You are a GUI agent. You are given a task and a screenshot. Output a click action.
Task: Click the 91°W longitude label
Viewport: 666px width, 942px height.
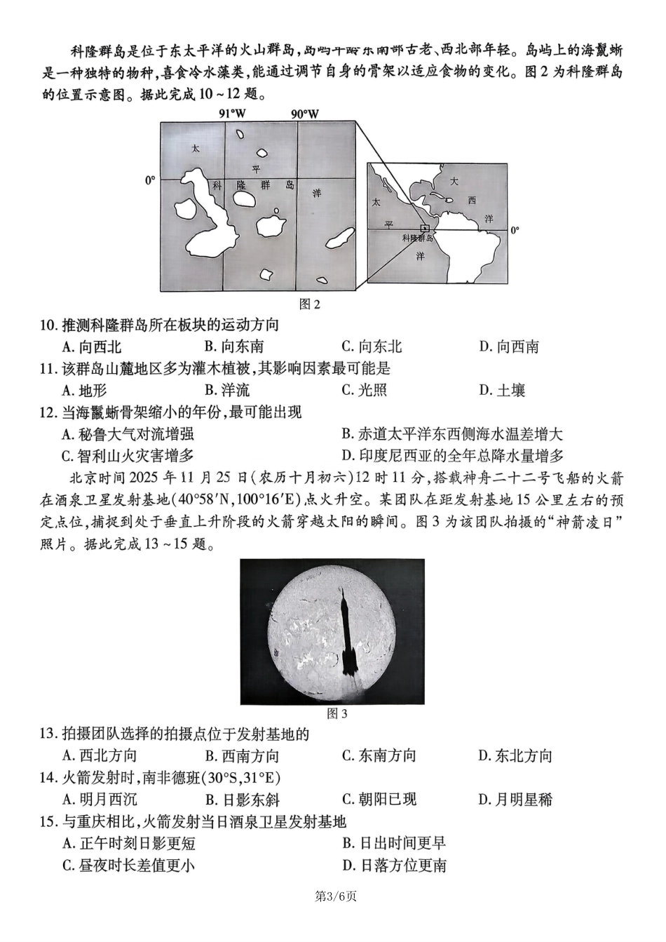pos(233,114)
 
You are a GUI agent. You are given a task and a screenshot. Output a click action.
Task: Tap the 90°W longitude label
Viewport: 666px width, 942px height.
pos(305,114)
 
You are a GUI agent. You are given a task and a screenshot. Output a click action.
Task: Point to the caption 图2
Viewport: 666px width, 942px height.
pos(309,304)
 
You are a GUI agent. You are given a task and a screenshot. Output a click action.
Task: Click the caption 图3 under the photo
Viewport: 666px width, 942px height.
pos(337,713)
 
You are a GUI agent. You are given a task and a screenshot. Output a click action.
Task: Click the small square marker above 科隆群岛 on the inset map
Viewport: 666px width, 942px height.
pos(423,228)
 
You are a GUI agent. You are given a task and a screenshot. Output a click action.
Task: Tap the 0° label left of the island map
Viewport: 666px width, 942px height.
pos(150,180)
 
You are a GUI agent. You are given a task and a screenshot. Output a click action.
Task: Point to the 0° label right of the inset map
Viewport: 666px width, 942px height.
pos(515,230)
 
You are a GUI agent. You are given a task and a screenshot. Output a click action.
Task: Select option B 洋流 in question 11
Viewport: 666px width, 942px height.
pos(226,390)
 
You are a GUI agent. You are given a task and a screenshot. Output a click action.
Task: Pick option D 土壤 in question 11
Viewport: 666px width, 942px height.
pos(502,390)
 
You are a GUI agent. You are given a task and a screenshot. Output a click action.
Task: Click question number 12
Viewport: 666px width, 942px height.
pos(49,412)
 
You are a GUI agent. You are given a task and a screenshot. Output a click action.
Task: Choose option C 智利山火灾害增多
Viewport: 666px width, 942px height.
pos(127,456)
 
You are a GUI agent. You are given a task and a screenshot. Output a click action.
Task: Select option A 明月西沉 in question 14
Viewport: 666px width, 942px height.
pos(99,799)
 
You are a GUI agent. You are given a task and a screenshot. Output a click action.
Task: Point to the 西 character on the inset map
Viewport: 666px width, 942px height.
pos(471,201)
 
